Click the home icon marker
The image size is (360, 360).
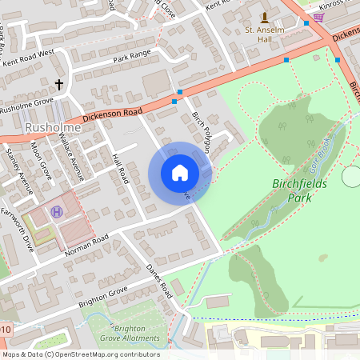click(x=180, y=172)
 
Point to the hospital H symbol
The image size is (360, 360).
click(x=57, y=211)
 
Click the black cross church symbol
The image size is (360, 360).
click(x=58, y=83)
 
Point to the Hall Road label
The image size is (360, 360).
click(x=121, y=168)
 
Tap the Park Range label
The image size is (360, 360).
click(x=132, y=58)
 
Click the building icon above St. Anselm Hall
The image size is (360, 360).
click(x=265, y=17)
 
